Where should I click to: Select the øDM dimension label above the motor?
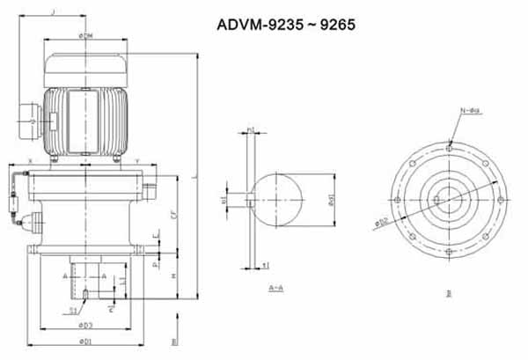tap(86, 35)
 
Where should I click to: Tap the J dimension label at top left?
tap(55, 11)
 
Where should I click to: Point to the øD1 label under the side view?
tap(84, 340)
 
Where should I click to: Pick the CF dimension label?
tap(174, 214)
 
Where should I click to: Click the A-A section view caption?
tap(275, 288)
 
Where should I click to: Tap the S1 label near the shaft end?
tap(77, 309)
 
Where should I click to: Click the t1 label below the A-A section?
tap(267, 264)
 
